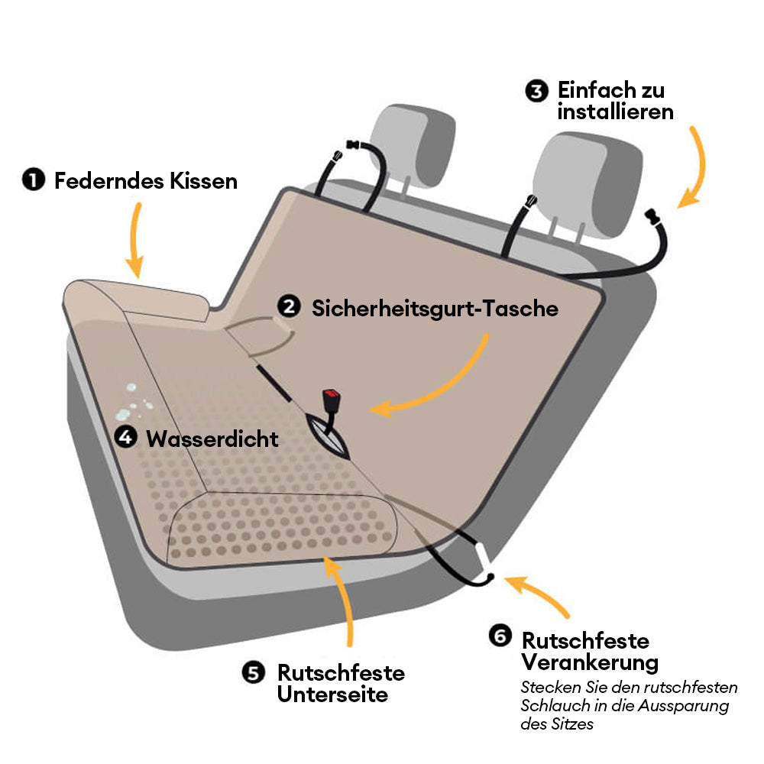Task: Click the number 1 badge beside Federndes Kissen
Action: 34,180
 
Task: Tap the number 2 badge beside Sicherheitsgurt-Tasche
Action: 289,307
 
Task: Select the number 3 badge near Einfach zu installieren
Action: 536,91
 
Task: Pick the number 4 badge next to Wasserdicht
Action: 126,436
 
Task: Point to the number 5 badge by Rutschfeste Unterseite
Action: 254,673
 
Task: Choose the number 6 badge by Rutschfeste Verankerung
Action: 500,636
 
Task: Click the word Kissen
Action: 204,181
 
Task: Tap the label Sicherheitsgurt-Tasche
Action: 435,309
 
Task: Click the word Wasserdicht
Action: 212,439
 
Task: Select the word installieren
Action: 615,112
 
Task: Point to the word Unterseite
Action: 333,694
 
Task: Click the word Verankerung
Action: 590,662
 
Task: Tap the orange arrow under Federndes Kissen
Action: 135,240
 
